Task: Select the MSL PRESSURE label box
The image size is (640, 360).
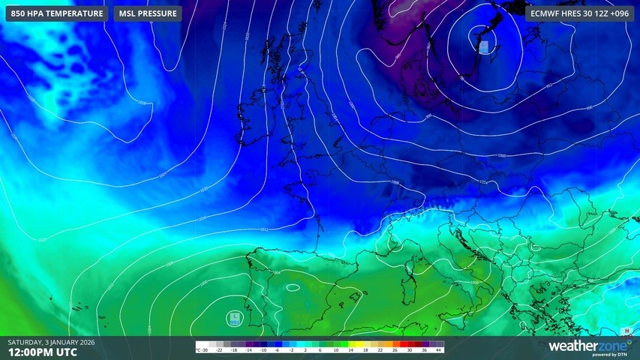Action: [x=148, y=13]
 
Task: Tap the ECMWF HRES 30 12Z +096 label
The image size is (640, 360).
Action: [x=578, y=13]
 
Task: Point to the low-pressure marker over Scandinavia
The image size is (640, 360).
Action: [x=484, y=46]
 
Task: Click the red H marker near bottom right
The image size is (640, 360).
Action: [x=626, y=331]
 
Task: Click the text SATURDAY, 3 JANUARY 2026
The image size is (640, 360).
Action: [x=51, y=342]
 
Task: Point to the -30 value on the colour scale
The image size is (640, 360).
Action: [x=204, y=350]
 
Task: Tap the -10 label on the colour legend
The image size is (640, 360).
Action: [x=263, y=350]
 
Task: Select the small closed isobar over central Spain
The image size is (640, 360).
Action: [x=292, y=286]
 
